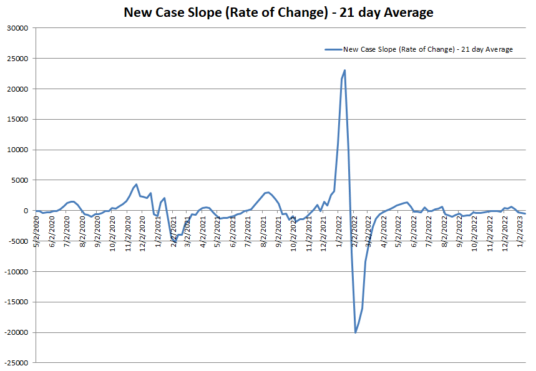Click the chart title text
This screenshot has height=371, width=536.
click(278, 12)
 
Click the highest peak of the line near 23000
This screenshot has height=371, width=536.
click(344, 70)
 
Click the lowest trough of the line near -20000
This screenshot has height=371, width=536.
click(356, 332)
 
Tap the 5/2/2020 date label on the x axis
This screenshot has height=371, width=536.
click(37, 231)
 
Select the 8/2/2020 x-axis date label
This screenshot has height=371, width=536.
click(82, 231)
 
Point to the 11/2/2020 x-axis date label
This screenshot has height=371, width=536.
click(128, 231)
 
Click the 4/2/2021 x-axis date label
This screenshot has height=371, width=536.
click(203, 231)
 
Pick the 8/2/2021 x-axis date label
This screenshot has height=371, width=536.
click(263, 231)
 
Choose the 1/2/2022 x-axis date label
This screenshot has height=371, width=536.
click(339, 231)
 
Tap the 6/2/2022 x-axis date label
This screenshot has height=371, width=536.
click(414, 231)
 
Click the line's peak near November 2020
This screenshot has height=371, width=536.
click(136, 185)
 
